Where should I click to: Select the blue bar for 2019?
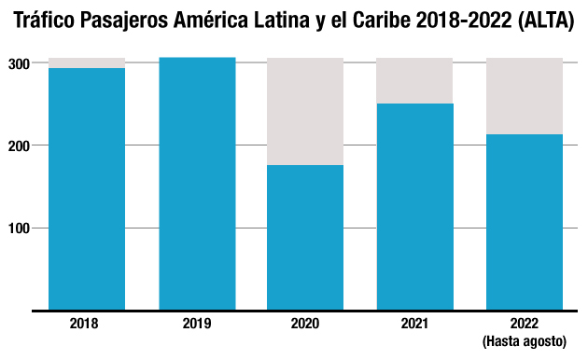(x=197, y=183)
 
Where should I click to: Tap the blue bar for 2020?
(x=305, y=237)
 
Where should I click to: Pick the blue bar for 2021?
(x=414, y=206)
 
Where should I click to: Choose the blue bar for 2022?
(x=525, y=222)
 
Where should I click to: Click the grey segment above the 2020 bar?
(x=305, y=111)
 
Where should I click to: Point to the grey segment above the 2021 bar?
(x=414, y=80)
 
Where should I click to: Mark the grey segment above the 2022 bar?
(x=525, y=96)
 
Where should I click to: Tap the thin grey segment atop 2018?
(x=87, y=62)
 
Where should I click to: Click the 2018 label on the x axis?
(x=85, y=324)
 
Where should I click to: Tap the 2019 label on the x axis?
(x=197, y=324)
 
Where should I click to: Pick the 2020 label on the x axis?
(x=305, y=324)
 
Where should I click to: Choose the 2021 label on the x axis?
(x=414, y=324)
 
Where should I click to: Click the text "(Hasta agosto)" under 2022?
(x=525, y=342)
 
